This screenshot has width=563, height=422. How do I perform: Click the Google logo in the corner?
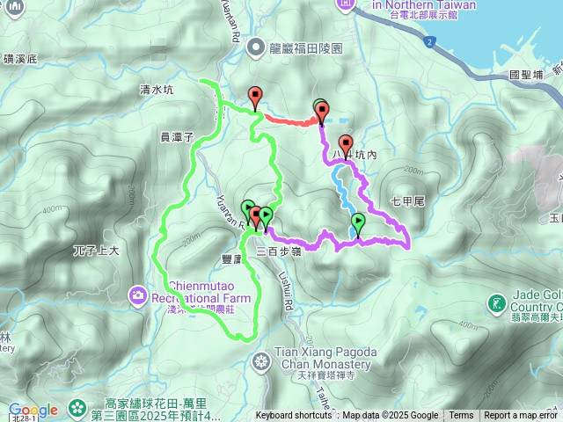(x=33, y=410)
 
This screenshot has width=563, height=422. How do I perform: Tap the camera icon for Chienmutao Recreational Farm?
(x=138, y=295)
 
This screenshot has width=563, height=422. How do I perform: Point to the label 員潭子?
(x=176, y=136)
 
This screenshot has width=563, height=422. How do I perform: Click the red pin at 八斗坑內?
(x=346, y=145)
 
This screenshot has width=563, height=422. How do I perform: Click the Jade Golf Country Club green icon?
(x=496, y=305)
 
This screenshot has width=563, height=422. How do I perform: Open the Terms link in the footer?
(x=461, y=416)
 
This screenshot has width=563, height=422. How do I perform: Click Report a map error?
(x=521, y=416)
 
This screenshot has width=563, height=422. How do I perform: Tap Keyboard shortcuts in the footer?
(x=295, y=416)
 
